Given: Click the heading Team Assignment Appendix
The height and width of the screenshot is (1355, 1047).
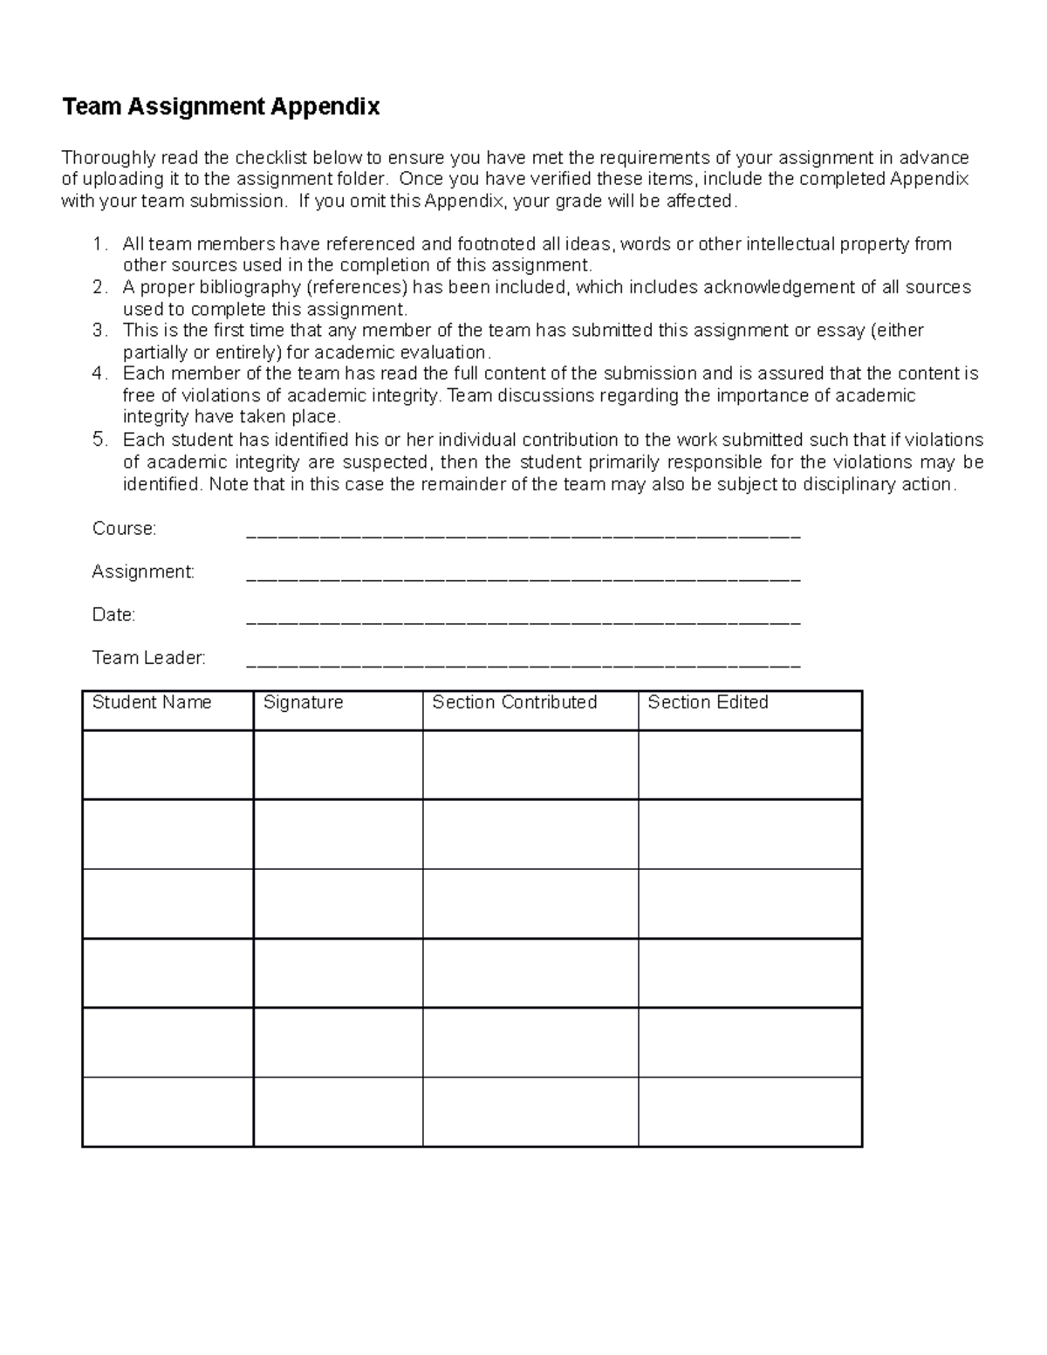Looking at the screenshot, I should click(x=221, y=107).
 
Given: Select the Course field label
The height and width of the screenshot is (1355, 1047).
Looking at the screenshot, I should click(x=124, y=529).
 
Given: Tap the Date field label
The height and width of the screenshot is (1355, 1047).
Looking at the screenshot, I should click(x=113, y=615).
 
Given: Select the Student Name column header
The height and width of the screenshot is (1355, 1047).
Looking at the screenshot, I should click(x=152, y=702).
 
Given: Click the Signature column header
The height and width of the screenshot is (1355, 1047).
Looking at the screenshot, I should click(x=303, y=702).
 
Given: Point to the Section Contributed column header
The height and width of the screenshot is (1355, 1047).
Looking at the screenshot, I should click(x=514, y=702).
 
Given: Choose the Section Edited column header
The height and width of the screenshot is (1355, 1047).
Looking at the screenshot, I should click(x=708, y=702).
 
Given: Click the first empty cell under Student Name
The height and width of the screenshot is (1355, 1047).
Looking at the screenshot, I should click(x=168, y=764).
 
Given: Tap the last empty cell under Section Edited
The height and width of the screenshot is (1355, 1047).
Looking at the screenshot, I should click(x=749, y=1112).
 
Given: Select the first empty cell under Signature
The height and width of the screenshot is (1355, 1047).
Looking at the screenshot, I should click(x=338, y=764).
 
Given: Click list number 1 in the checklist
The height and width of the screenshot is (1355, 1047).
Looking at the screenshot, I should click(x=99, y=244).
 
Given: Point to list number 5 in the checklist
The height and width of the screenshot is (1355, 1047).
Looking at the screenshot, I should click(x=99, y=440).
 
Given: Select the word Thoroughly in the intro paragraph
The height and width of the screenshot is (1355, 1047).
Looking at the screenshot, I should click(x=108, y=158).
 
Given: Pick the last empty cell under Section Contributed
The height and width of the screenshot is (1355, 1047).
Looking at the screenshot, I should click(x=530, y=1112).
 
